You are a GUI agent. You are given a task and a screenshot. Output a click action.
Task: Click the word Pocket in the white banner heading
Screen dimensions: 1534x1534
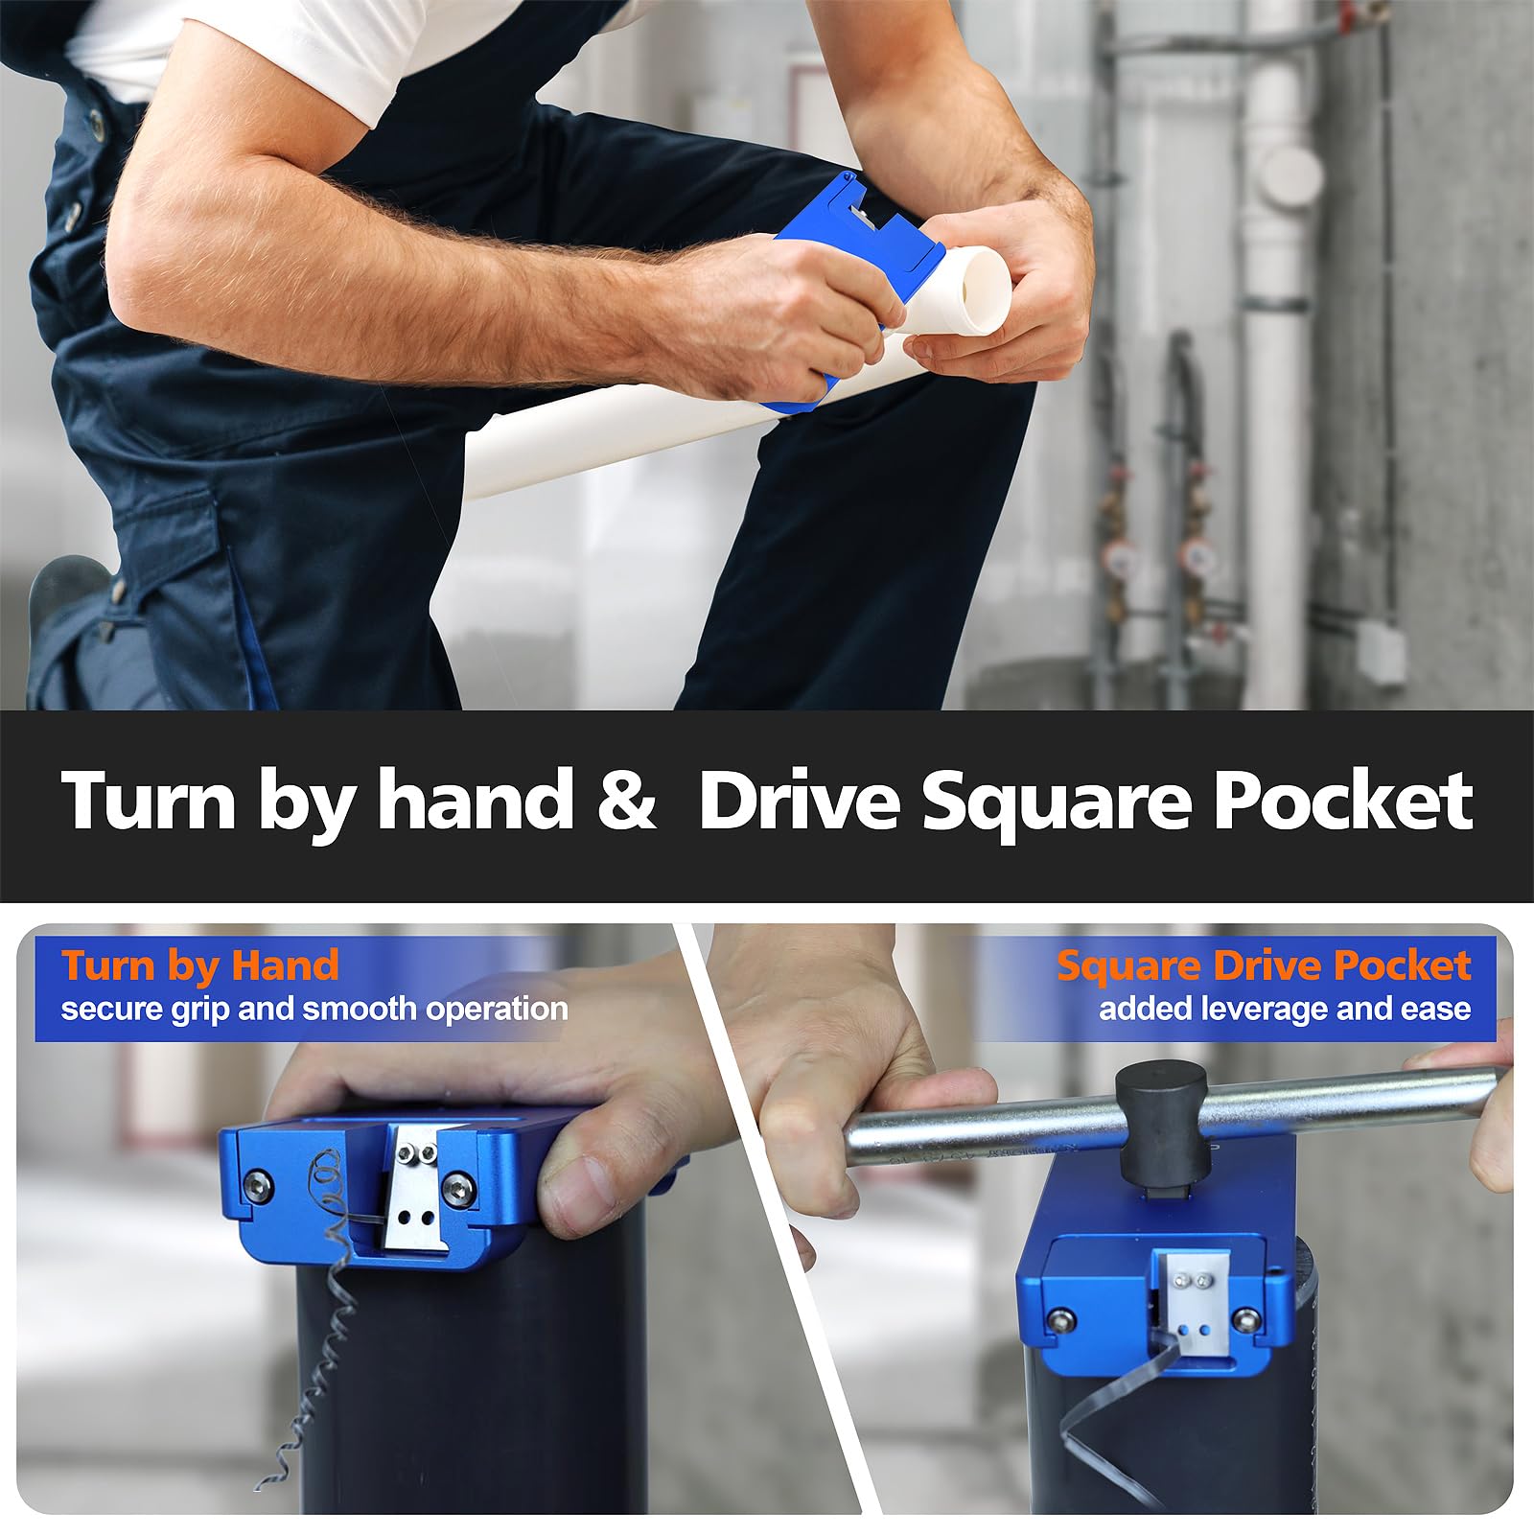coord(1342,801)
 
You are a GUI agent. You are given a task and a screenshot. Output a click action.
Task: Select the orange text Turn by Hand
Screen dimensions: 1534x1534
coord(199,965)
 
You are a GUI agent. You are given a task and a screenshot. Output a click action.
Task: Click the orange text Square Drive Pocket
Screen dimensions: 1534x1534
coord(1263,965)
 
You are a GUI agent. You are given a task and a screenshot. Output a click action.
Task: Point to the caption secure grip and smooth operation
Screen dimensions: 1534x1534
coord(314,1009)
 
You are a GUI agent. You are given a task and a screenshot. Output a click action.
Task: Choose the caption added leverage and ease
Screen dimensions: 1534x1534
coord(1284,1009)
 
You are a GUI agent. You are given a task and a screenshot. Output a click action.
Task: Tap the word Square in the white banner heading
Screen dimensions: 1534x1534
coord(1055,801)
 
